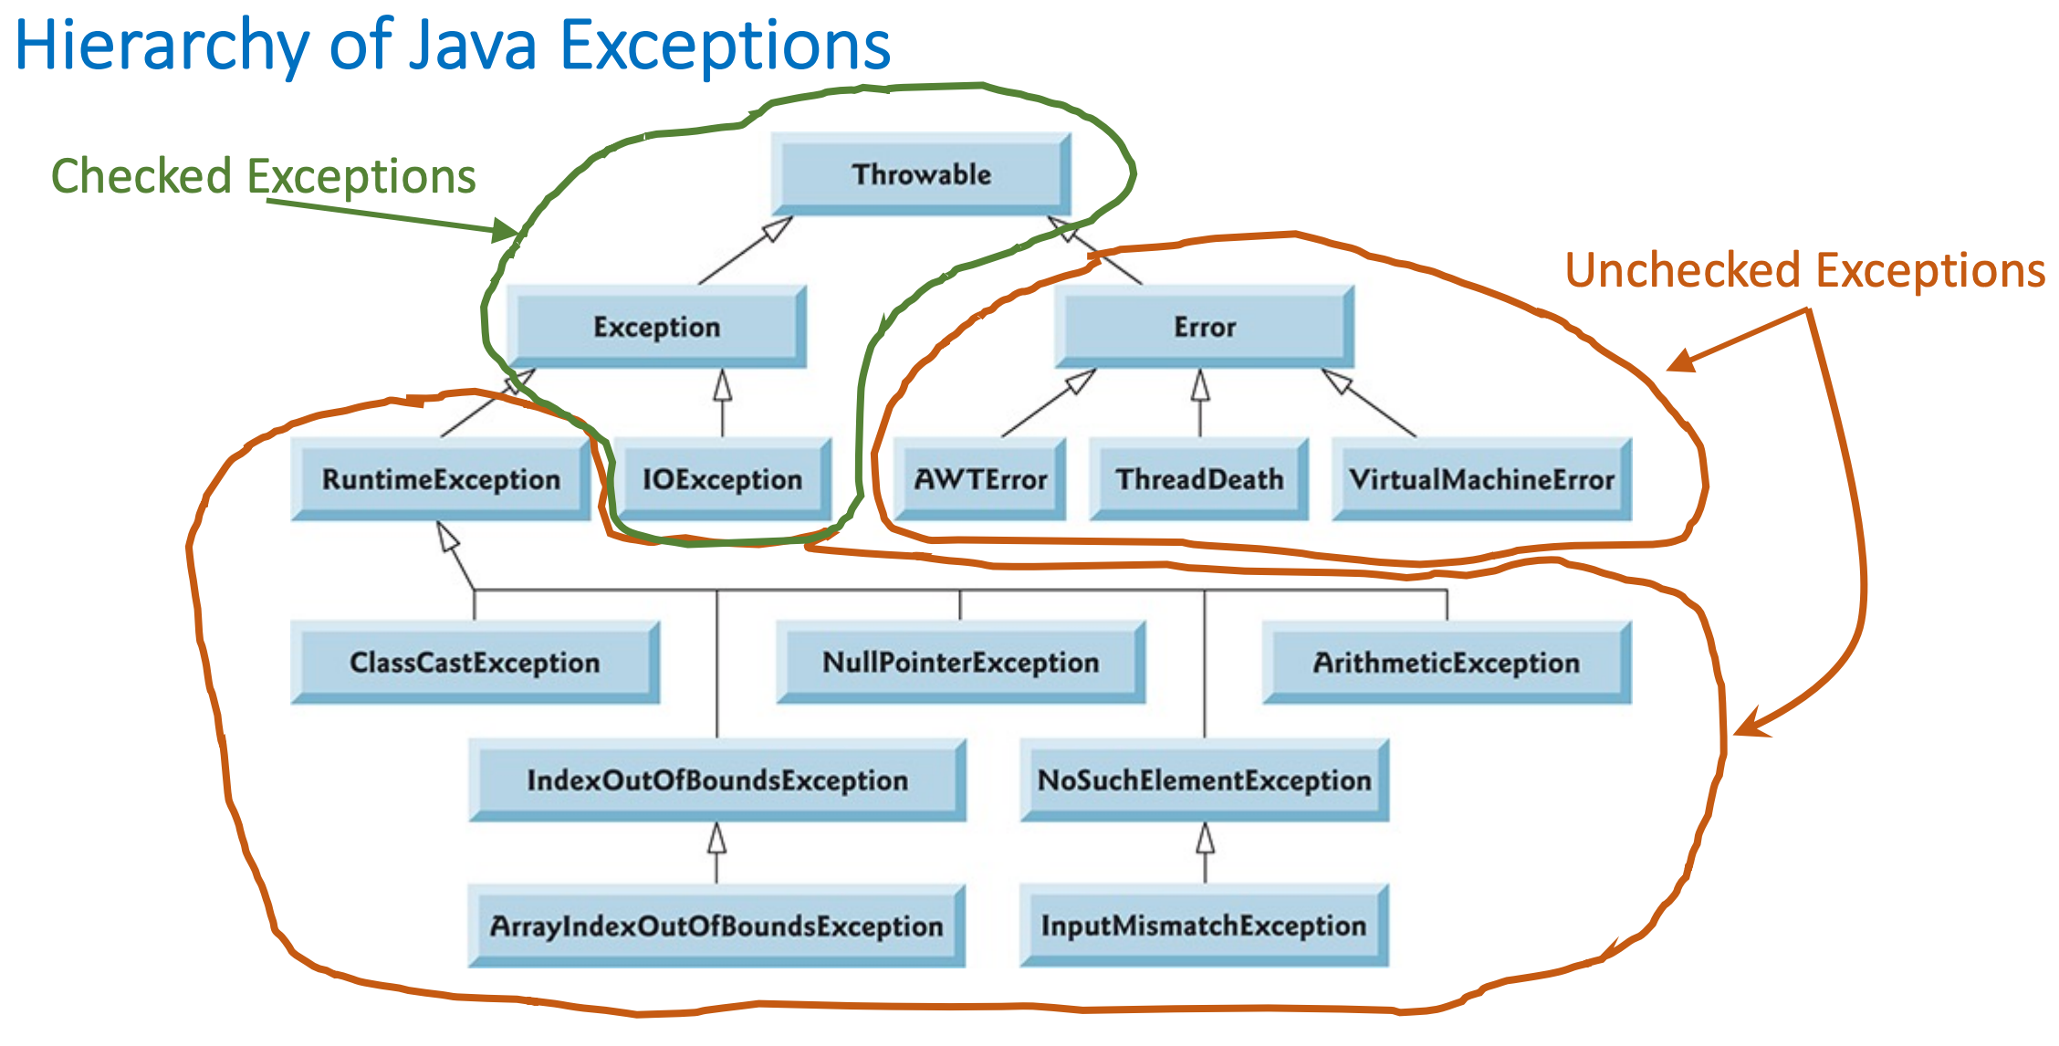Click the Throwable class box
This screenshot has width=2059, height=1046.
[921, 173]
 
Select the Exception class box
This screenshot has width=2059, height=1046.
[656, 327]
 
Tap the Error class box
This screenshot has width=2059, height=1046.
[1204, 327]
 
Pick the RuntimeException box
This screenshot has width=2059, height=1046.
[441, 479]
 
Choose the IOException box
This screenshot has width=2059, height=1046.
[722, 479]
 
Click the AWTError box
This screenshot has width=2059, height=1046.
[980, 479]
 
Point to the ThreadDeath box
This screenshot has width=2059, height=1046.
[1199, 479]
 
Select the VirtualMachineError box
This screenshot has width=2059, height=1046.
[1481, 479]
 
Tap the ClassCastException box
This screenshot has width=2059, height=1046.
[475, 663]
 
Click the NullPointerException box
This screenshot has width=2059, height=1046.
[960, 663]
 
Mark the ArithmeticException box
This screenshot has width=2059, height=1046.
[1447, 663]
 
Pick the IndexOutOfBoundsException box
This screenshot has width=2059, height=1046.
[717, 780]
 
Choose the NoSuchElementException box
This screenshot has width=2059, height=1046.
[1205, 780]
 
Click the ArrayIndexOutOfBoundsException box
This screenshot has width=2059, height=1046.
[716, 926]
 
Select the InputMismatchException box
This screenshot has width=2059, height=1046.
[1204, 926]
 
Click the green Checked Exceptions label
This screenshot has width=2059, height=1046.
[263, 176]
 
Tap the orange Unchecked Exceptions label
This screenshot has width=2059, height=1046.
[1804, 271]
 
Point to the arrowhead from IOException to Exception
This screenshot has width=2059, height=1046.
[722, 384]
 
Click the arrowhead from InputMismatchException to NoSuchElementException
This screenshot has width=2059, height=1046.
[1206, 837]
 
